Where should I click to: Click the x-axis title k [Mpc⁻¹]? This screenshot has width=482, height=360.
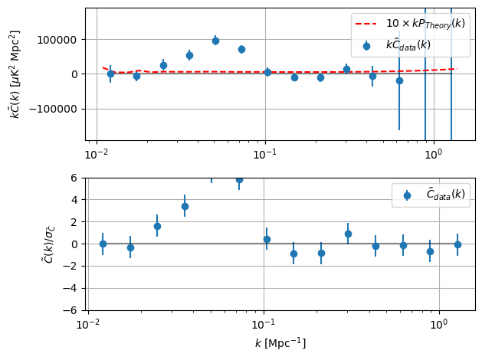(x=280, y=342)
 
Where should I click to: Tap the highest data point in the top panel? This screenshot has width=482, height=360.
(x=215, y=41)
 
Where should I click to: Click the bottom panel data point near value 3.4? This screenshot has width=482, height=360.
(x=185, y=206)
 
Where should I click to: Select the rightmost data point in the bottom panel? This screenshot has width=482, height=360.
(x=457, y=244)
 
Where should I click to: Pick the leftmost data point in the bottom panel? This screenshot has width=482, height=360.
(x=103, y=244)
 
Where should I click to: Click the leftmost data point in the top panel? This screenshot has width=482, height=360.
(x=110, y=74)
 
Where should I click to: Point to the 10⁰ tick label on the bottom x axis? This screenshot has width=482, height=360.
(x=438, y=322)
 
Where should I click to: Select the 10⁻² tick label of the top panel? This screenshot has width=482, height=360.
(x=96, y=153)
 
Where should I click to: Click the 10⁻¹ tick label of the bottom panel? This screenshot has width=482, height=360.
(x=263, y=322)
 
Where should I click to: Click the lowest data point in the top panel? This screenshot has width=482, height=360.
(x=399, y=80)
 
